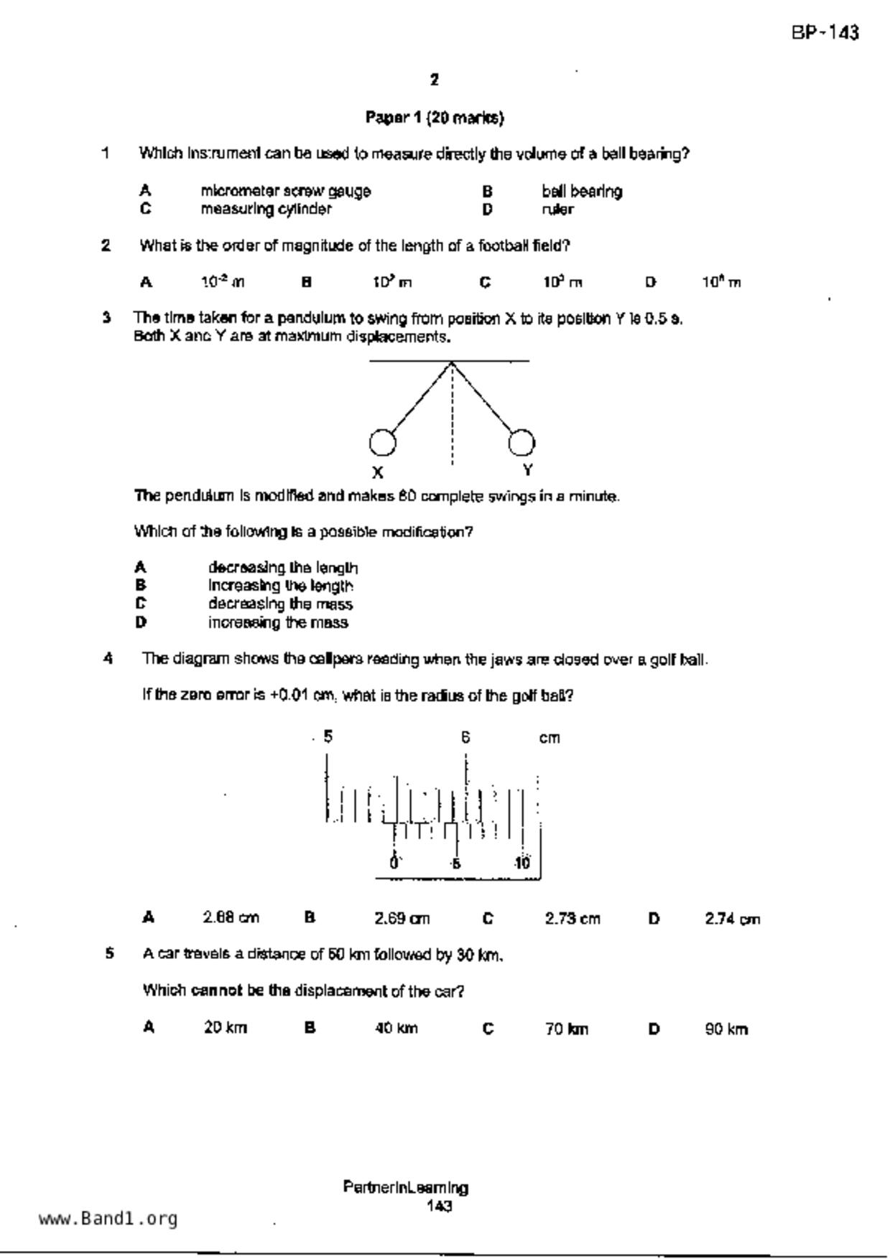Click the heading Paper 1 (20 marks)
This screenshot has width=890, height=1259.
[x=435, y=118]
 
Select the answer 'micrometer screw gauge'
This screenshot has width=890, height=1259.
[x=285, y=192]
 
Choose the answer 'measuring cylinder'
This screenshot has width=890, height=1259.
[x=266, y=210]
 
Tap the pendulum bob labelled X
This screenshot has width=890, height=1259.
[x=382, y=443]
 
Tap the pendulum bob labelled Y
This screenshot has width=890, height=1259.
[x=522, y=442]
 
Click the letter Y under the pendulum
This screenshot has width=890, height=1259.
[x=528, y=470]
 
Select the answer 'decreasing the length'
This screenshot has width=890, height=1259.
[x=283, y=568]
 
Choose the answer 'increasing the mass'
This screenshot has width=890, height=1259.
[x=278, y=623]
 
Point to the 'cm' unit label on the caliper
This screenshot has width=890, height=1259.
[x=550, y=739]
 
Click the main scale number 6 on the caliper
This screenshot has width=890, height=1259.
[x=465, y=737]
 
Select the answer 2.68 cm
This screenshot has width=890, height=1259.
[x=231, y=918]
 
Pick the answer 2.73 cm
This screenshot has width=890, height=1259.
[x=572, y=919]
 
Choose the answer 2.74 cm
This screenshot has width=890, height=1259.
[x=732, y=919]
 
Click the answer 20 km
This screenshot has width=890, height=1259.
[x=225, y=1028]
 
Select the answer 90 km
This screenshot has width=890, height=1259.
[x=726, y=1029]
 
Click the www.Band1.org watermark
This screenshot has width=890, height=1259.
[x=108, y=1219]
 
